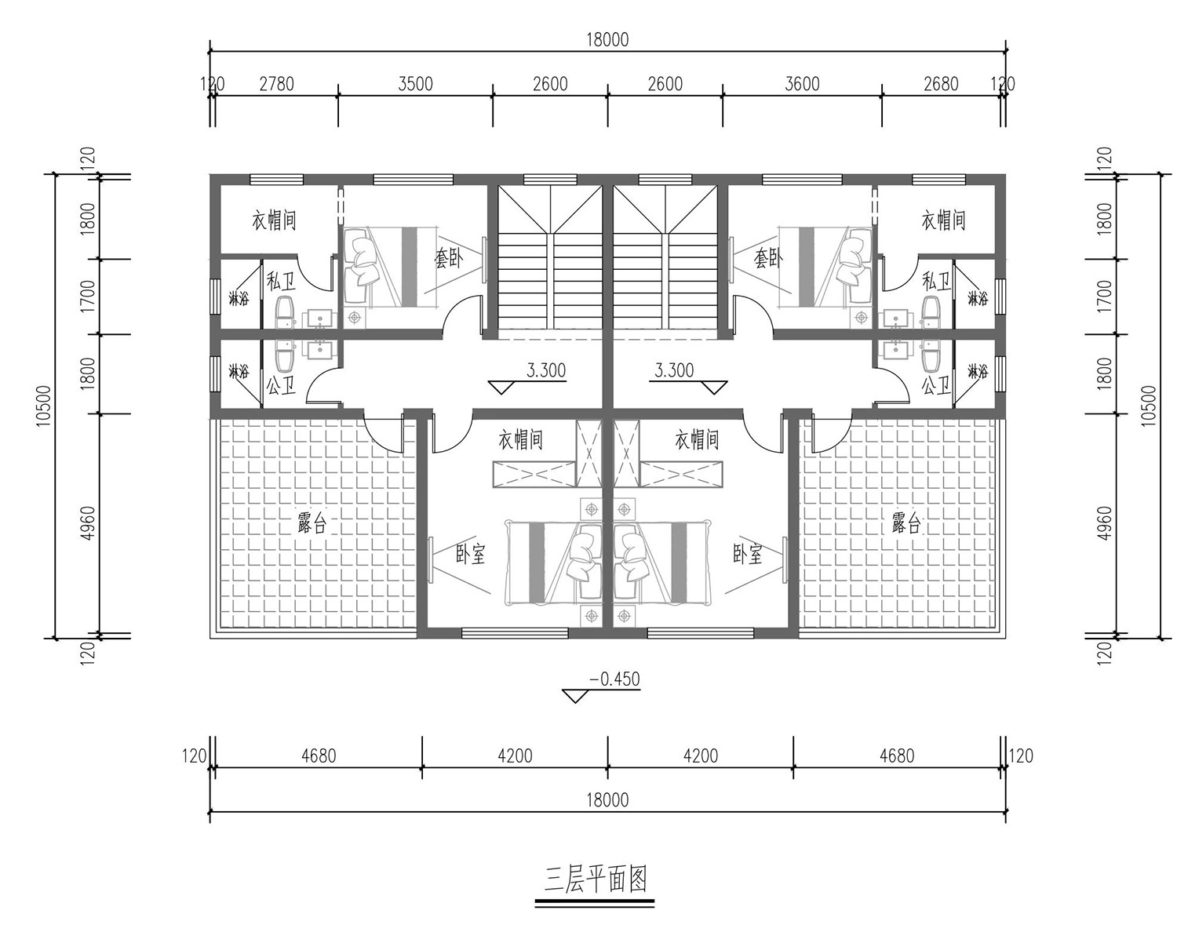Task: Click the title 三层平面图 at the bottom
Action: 595,880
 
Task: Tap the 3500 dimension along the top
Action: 415,84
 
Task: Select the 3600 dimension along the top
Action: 802,84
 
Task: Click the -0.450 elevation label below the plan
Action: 614,679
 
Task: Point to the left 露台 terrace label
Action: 312,523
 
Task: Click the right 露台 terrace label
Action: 906,523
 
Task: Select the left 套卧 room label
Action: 449,257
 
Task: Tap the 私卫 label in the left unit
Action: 281,282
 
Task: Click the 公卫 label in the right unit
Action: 936,386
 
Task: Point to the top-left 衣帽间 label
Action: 274,220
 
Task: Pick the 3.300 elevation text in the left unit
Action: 546,370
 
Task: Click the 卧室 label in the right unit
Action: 748,555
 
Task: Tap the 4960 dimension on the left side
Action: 88,524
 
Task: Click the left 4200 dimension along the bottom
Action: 515,756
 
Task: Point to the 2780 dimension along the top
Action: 277,84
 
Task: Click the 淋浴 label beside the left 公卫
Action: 239,371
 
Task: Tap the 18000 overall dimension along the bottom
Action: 607,800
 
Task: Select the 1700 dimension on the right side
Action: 1105,296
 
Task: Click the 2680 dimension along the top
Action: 942,84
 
